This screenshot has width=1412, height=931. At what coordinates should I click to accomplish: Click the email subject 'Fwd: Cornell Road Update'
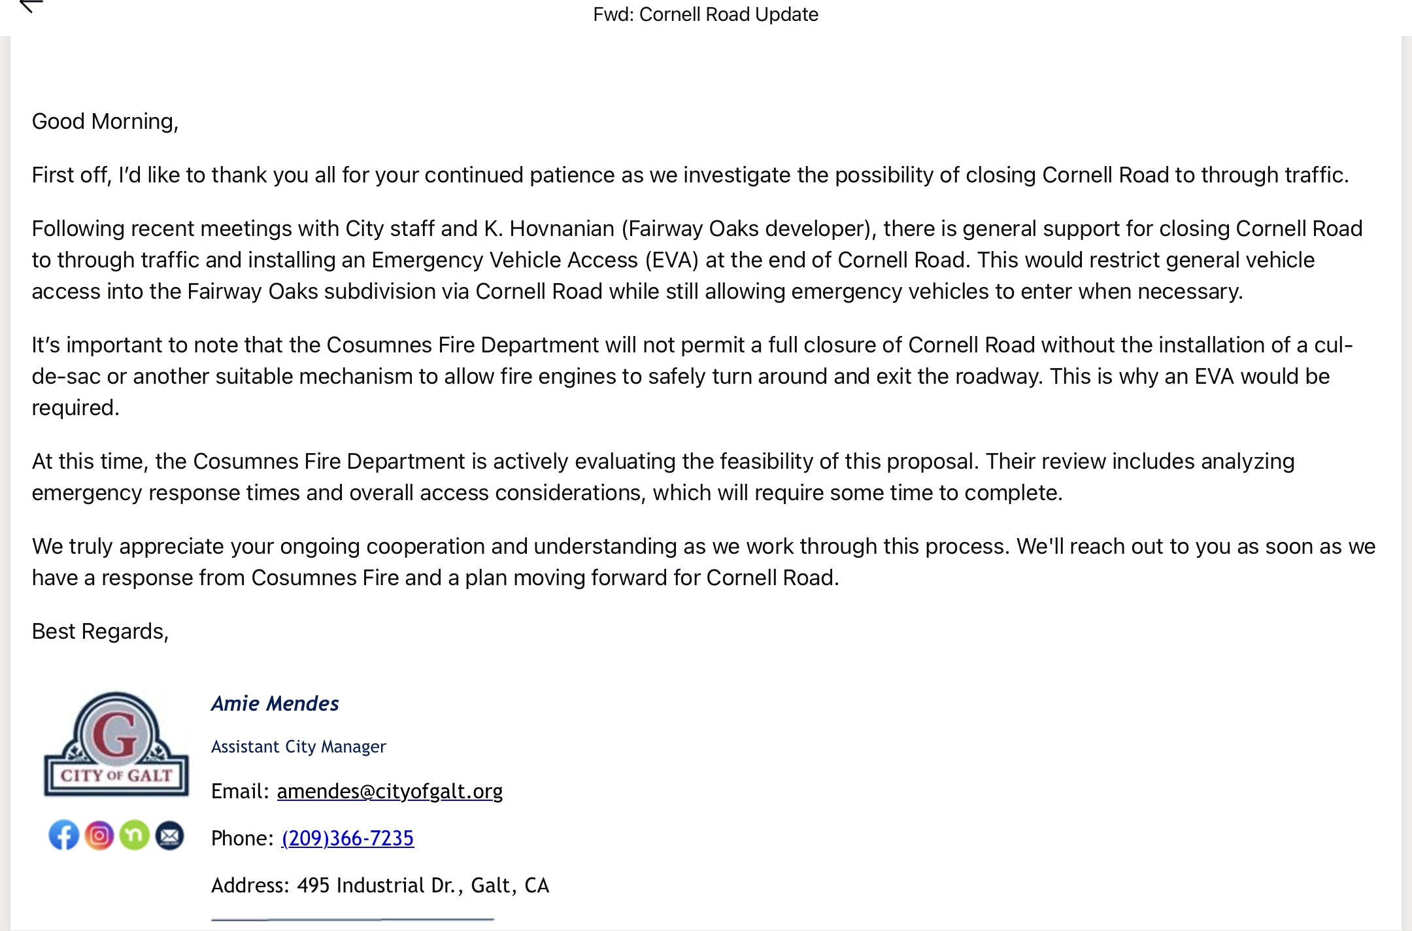[705, 14]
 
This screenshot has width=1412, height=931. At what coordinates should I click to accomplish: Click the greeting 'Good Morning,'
[105, 122]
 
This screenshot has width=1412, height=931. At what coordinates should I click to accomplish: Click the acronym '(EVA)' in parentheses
[671, 260]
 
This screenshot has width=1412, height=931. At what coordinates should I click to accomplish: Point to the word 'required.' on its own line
[76, 408]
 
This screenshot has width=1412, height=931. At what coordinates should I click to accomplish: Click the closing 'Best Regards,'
[100, 632]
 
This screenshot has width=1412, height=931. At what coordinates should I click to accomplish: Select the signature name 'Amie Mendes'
[275, 703]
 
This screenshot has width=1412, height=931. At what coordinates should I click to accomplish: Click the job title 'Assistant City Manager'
[299, 747]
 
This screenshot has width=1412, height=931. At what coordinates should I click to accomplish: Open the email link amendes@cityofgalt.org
[390, 791]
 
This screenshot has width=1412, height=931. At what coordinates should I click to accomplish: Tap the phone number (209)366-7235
[348, 838]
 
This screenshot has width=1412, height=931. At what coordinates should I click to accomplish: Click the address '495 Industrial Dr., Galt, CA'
[423, 885]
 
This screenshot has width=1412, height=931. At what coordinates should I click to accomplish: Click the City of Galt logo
[116, 745]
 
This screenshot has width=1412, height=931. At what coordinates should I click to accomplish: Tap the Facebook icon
[64, 835]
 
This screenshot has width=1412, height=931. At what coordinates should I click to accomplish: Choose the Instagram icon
[99, 835]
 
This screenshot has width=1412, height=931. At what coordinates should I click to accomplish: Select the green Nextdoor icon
[135, 835]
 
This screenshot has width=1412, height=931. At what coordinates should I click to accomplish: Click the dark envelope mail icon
[169, 835]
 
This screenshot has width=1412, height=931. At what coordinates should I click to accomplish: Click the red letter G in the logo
[116, 734]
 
